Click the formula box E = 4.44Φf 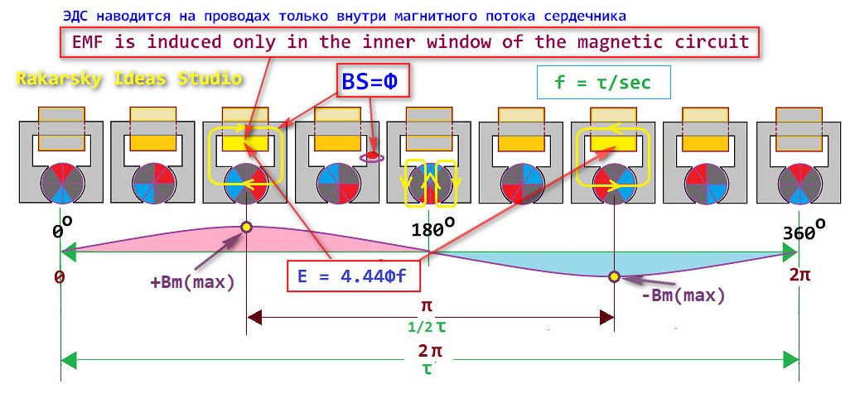click(x=355, y=276)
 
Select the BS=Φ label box click(x=373, y=82)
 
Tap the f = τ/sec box click(x=603, y=82)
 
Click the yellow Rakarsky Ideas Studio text click(x=128, y=79)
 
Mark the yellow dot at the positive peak click(x=246, y=227)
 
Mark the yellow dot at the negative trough click(x=615, y=277)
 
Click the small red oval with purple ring click(x=373, y=157)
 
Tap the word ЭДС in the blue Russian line click(x=71, y=17)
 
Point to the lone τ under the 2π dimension click(x=427, y=370)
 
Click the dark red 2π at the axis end click(x=799, y=275)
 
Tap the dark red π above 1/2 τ click(x=427, y=306)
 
